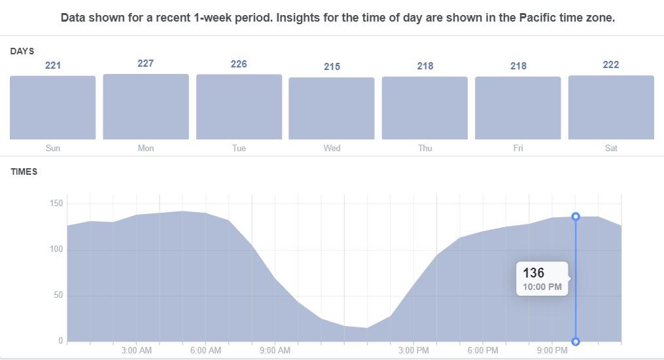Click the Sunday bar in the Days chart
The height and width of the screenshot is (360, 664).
click(53, 107)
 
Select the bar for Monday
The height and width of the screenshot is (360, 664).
click(146, 107)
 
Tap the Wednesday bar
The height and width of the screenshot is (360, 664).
click(332, 108)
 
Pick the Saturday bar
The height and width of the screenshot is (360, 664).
click(611, 107)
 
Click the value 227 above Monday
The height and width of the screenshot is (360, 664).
click(146, 63)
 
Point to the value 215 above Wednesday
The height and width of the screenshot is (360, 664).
click(332, 67)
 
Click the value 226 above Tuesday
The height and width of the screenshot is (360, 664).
click(239, 64)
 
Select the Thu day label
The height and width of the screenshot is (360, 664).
click(425, 149)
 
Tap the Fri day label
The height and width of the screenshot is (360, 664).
click(518, 149)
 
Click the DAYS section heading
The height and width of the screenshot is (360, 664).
click(22, 51)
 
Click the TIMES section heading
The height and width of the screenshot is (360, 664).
click(24, 171)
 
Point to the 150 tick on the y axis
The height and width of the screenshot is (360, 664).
click(56, 204)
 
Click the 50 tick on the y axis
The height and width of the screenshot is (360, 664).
click(58, 295)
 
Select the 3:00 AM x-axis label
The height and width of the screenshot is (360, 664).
click(136, 351)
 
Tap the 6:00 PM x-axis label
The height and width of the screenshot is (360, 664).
click(483, 351)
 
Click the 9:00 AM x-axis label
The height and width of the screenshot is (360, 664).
click(275, 351)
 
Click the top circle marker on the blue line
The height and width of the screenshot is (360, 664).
click(576, 217)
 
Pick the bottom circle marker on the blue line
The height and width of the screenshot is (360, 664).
click(576, 342)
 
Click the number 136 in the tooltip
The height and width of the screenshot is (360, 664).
click(534, 273)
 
